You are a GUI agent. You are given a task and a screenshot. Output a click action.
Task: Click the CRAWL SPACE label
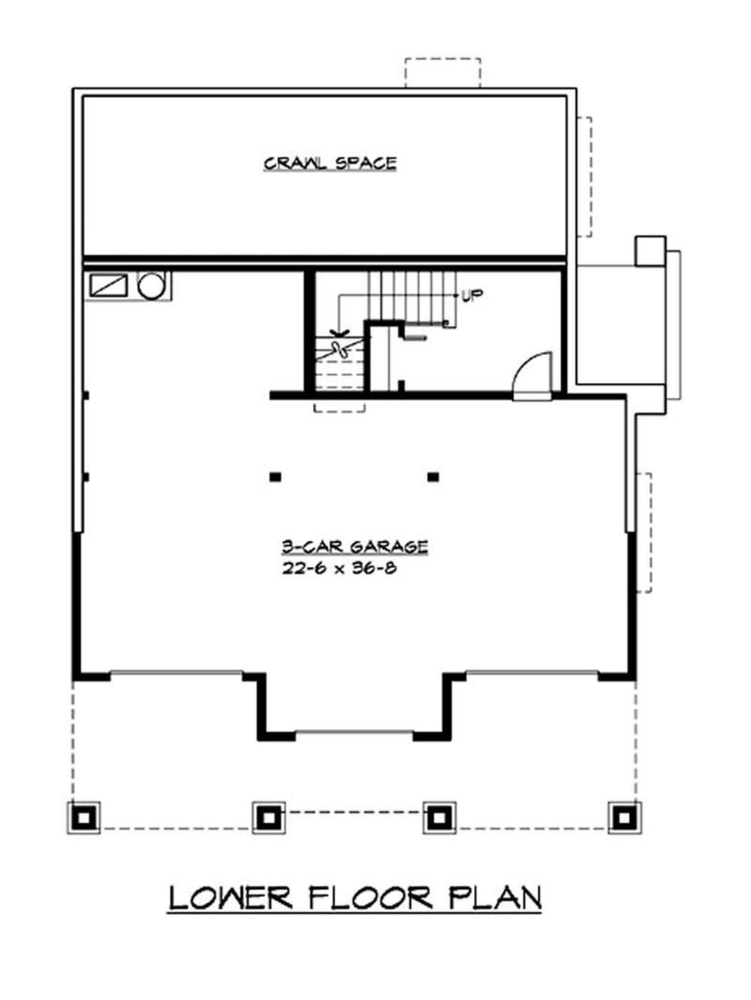[330, 163]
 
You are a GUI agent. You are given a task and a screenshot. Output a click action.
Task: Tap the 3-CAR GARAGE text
[354, 547]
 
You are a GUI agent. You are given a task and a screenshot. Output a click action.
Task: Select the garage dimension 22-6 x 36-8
[339, 568]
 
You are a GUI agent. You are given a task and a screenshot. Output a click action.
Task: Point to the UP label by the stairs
[472, 296]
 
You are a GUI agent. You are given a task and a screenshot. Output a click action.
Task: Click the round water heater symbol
[151, 286]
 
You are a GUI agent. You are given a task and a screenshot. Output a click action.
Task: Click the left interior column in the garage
[276, 476]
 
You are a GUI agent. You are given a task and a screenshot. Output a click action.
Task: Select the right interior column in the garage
[433, 476]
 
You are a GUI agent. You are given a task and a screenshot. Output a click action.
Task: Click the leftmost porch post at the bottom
[83, 817]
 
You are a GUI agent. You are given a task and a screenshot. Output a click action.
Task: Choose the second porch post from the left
[266, 817]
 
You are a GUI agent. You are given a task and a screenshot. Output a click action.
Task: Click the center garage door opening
[354, 733]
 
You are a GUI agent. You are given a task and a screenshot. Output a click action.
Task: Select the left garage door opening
[176, 673]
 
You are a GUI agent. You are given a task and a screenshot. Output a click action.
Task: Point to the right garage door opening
[532, 673]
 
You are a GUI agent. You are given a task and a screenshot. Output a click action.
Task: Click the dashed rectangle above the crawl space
[442, 73]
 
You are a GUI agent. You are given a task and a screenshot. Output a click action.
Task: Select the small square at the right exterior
[650, 251]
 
